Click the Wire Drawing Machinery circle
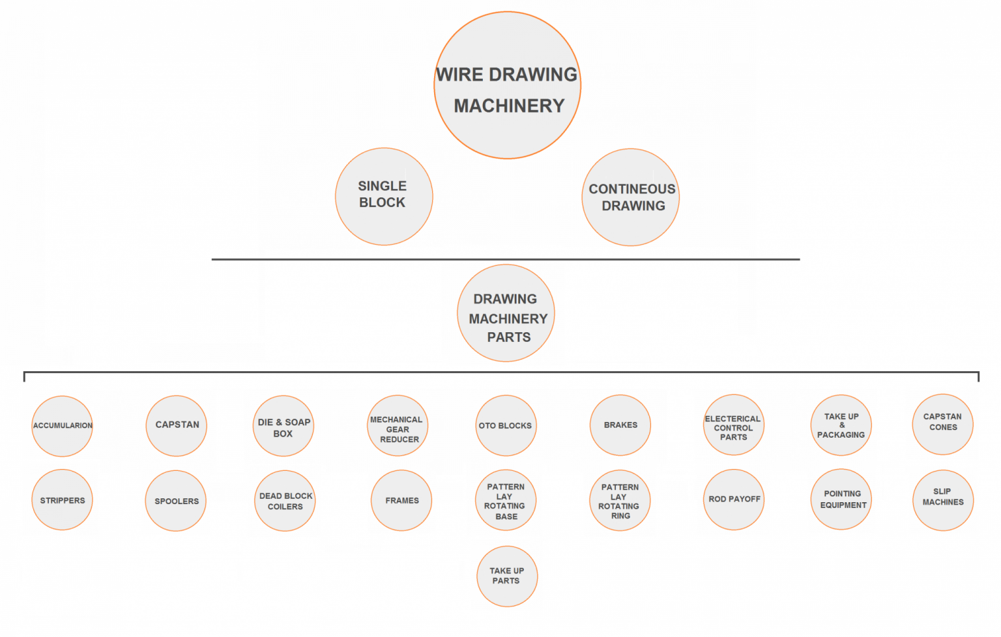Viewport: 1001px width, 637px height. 507,85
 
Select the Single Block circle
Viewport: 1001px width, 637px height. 384,196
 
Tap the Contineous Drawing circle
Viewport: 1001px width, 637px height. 630,197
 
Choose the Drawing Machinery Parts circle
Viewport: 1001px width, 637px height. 506,313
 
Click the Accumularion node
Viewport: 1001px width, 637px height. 63,426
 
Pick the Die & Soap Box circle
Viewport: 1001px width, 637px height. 283,426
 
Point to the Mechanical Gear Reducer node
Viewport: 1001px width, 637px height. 398,426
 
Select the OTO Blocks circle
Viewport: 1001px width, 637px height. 506,426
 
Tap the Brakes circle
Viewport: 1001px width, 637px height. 620,425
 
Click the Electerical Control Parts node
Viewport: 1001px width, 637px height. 734,425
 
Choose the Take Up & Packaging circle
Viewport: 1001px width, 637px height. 841,425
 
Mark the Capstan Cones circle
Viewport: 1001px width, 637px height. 942,425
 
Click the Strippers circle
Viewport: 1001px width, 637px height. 63,500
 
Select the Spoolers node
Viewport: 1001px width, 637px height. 176,501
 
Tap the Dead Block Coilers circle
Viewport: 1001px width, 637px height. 285,501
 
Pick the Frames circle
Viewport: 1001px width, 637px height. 401,500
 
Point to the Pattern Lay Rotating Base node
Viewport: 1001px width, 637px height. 506,500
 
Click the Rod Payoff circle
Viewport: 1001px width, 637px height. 734,500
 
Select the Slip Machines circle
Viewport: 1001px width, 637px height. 943,500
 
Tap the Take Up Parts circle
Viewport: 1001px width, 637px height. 507,576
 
